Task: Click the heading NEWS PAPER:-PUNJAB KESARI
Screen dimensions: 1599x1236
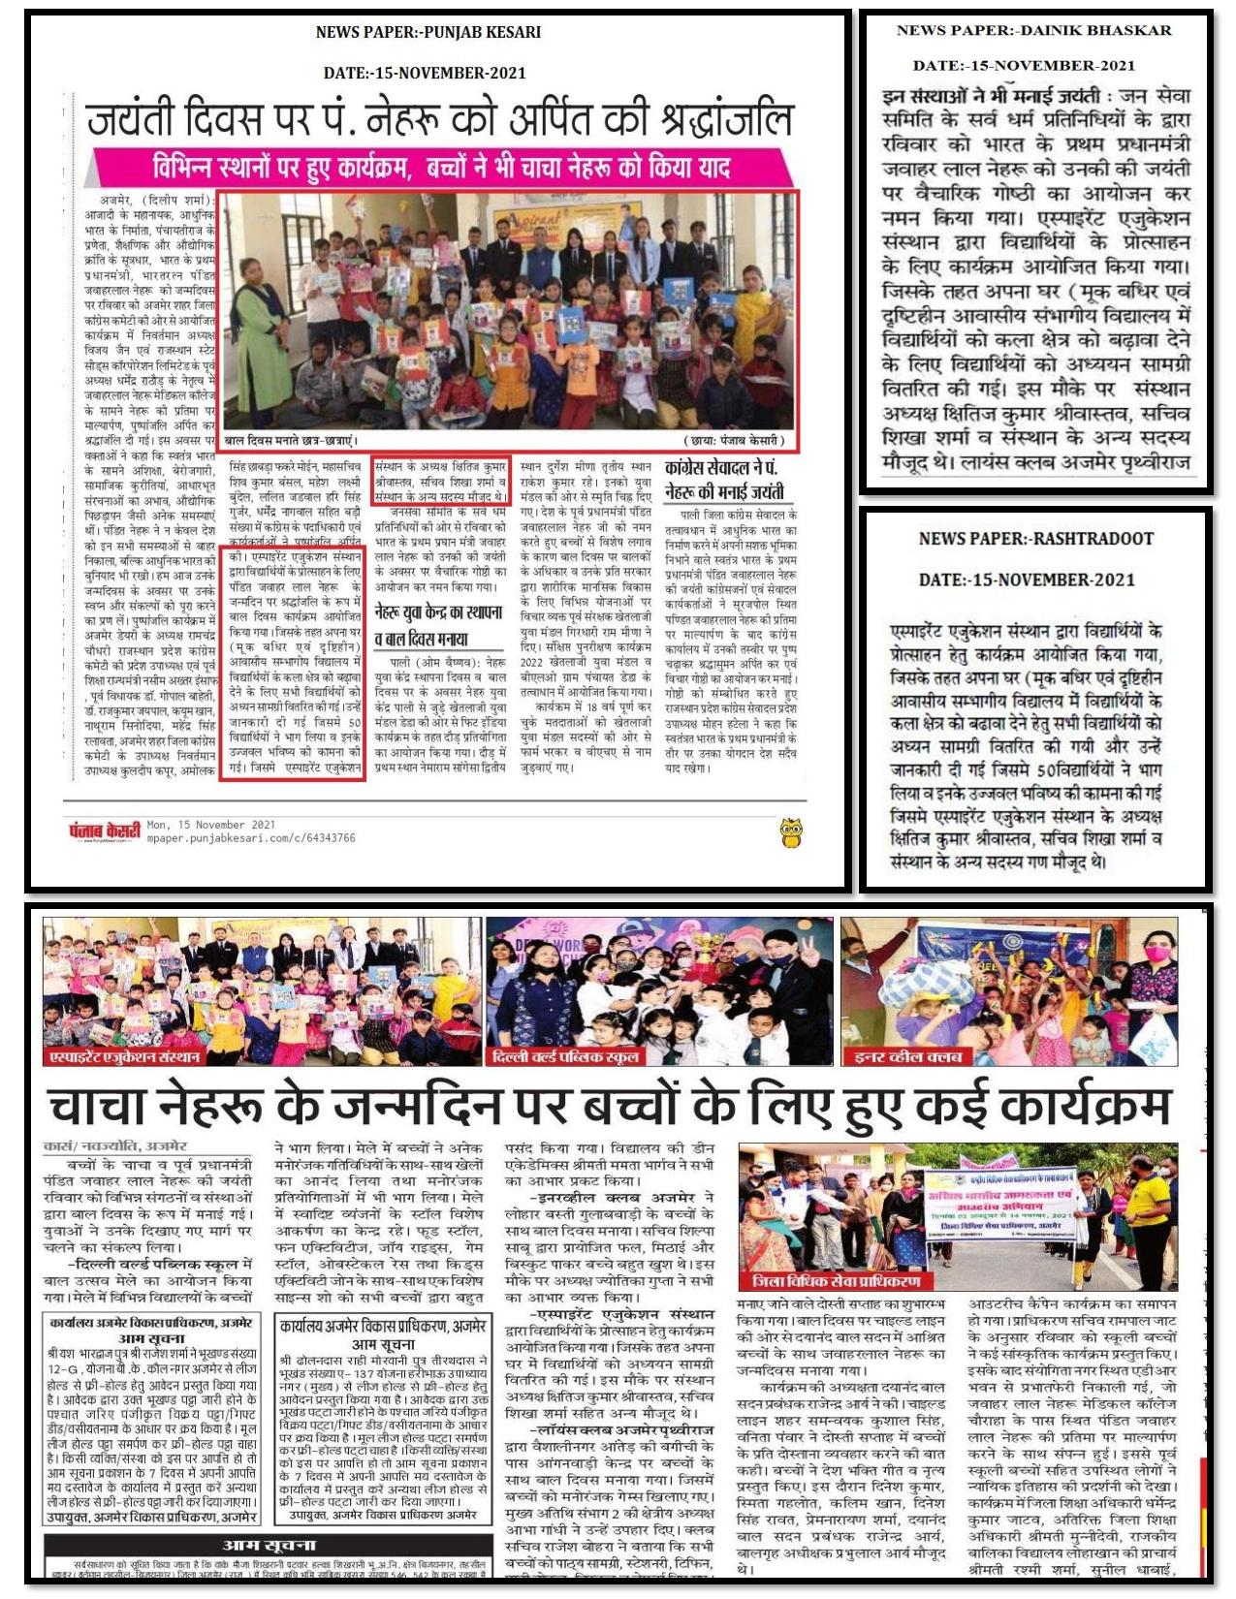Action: coord(428,32)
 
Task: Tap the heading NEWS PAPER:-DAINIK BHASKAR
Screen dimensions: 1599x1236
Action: coord(1033,30)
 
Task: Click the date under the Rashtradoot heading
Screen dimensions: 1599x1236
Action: coord(1027,580)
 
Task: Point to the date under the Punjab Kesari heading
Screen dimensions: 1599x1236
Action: coord(425,73)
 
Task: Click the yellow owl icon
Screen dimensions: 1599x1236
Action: coord(791,832)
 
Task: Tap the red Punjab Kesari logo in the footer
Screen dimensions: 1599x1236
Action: coord(104,831)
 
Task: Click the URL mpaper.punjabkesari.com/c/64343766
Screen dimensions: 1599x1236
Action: coord(251,838)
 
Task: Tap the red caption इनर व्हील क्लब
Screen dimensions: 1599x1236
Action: coord(902,1056)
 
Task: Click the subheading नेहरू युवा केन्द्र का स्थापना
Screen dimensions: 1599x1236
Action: coord(439,612)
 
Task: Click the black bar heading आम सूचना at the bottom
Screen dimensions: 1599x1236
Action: coord(267,1545)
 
